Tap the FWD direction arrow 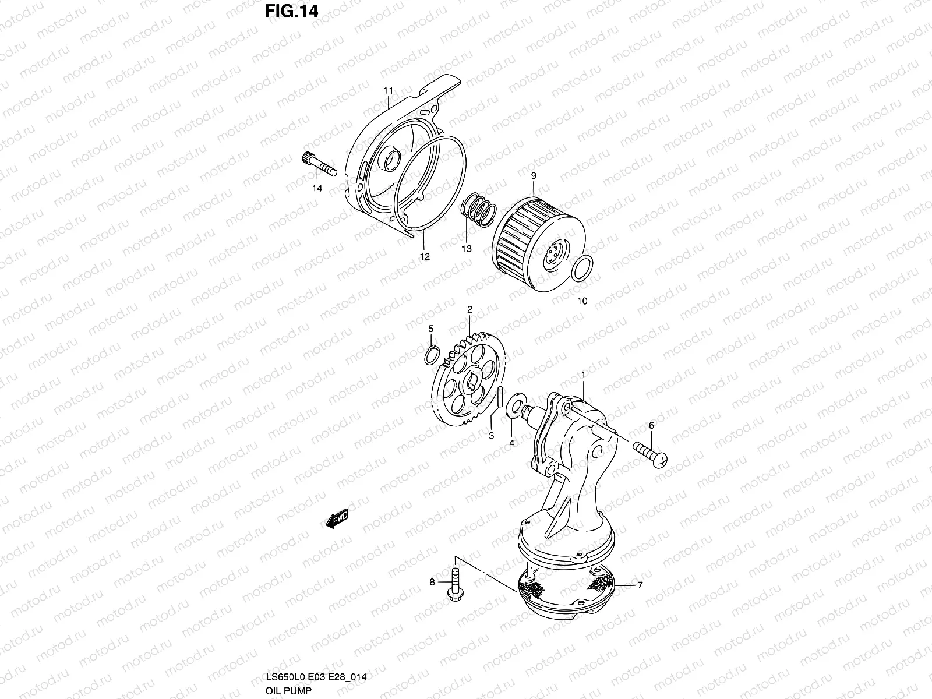(x=337, y=518)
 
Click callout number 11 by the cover (x=389, y=90)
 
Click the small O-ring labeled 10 (x=584, y=267)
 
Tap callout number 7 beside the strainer (x=640, y=585)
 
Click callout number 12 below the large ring (x=425, y=256)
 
